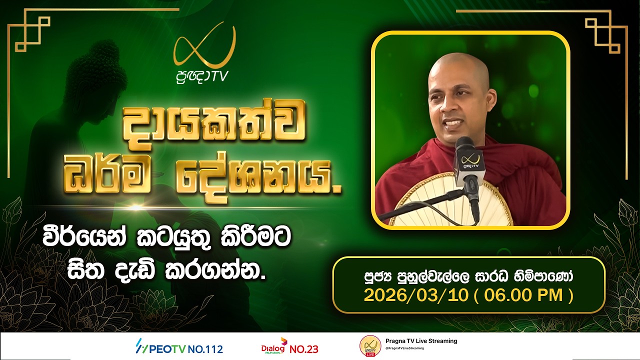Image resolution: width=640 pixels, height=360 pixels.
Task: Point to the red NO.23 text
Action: tap(304, 348)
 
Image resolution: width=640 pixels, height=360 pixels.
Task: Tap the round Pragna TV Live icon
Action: tap(370, 346)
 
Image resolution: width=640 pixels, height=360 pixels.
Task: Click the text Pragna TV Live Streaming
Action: tap(421, 341)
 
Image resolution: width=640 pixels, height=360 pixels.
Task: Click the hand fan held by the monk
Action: tap(440, 200)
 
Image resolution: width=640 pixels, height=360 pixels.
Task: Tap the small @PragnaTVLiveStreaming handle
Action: tap(404, 348)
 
